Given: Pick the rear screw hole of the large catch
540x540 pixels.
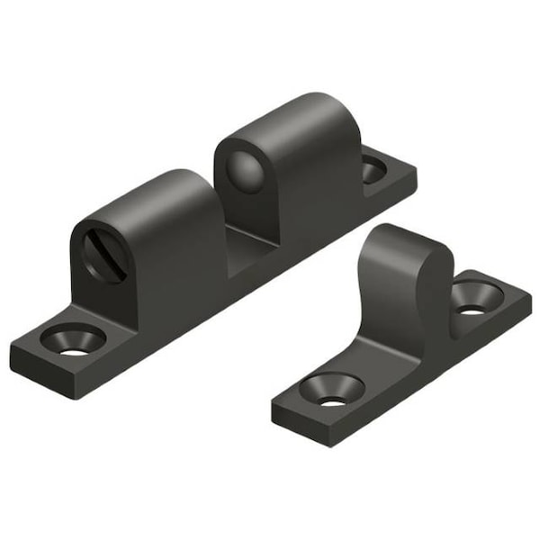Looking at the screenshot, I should [x=373, y=167].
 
